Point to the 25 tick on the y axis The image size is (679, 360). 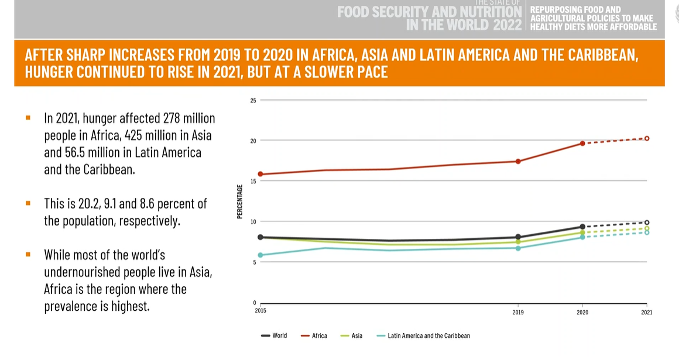coord(253,101)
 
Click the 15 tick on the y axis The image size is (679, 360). coord(253,181)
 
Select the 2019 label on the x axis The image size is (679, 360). coord(518,312)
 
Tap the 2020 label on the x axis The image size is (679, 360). coord(582,312)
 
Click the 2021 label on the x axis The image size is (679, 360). coord(646,312)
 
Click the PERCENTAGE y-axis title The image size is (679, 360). coord(240,201)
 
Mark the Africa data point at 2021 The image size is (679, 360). coord(647,138)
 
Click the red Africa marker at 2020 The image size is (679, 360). coord(582,143)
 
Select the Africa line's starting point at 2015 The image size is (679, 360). coord(260,174)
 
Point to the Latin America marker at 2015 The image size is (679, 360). coord(260,255)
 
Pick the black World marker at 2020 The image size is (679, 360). coord(582,227)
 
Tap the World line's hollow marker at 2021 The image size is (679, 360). coord(647,222)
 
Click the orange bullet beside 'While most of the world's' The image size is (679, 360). coord(28,255)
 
